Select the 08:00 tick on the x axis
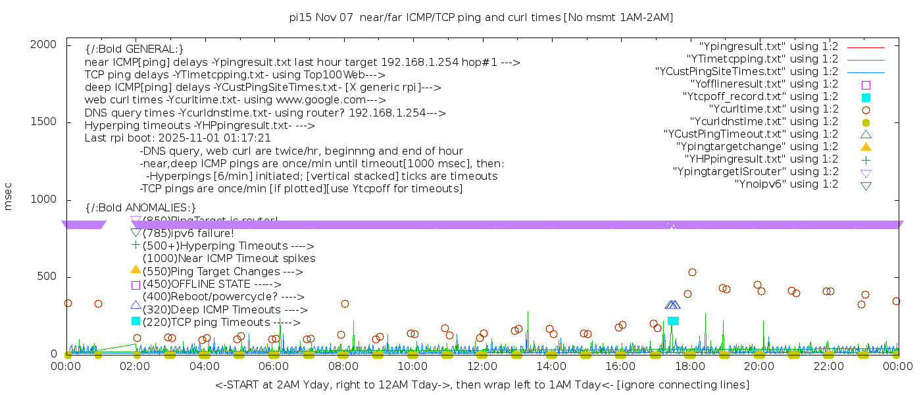pyautogui.click(x=343, y=366)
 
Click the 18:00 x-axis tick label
pyautogui.click(x=689, y=366)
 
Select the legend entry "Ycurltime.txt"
pyautogui.click(x=773, y=109)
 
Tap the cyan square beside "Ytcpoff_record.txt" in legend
pyautogui.click(x=866, y=97)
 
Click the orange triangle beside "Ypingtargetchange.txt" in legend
pyautogui.click(x=866, y=147)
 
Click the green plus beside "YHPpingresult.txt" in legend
pyautogui.click(x=866, y=159)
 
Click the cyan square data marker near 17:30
pyautogui.click(x=673, y=321)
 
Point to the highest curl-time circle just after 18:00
pyautogui.click(x=692, y=273)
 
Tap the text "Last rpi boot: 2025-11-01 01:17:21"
pyautogui.click(x=178, y=138)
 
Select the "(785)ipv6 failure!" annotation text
pyautogui.click(x=187, y=233)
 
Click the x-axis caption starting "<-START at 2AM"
pyautogui.click(x=482, y=384)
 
